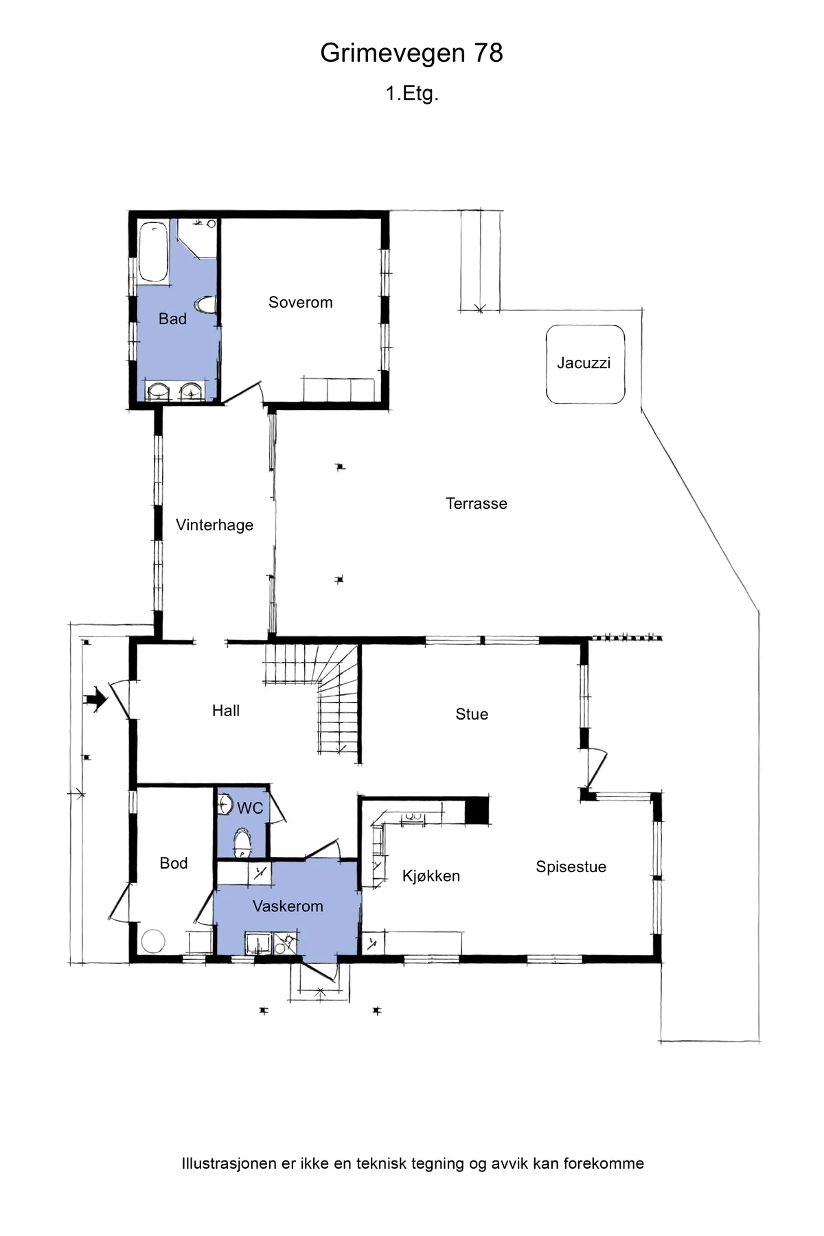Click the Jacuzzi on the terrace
click(585, 365)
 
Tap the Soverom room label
click(300, 302)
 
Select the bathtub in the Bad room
click(154, 251)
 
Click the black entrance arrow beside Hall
click(95, 700)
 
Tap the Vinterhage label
click(214, 525)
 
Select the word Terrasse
click(477, 503)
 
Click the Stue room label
click(472, 714)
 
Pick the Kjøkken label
click(431, 875)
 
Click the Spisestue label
click(571, 867)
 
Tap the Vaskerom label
click(288, 906)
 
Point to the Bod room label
click(174, 863)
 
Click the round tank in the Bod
click(153, 941)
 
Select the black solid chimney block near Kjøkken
click(477, 810)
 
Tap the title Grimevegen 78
click(412, 53)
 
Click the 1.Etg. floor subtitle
click(412, 93)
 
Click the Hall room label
click(226, 711)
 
